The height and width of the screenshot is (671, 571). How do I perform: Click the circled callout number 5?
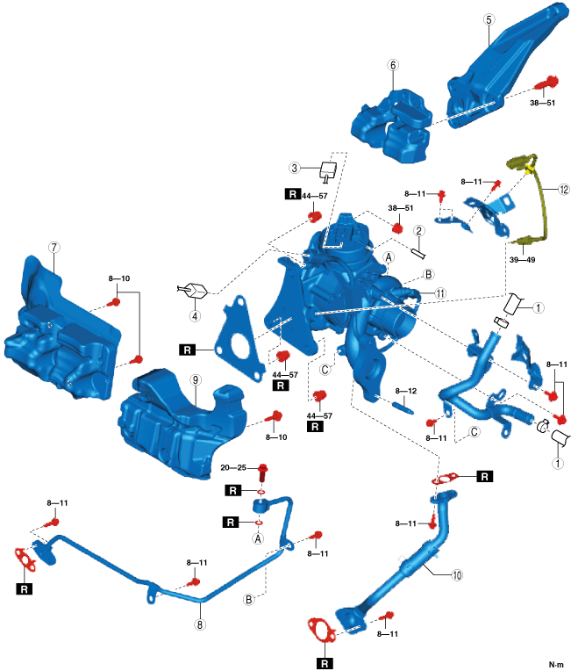(x=489, y=18)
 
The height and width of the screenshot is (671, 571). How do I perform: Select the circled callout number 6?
(x=393, y=66)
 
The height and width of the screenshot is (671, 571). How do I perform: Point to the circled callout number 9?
(x=196, y=380)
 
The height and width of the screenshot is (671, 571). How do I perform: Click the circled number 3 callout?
(x=296, y=169)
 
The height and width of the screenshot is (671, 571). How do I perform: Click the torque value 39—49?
(x=523, y=260)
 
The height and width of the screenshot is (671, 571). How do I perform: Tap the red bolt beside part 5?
(x=550, y=83)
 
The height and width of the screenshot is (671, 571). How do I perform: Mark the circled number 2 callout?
(x=420, y=231)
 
